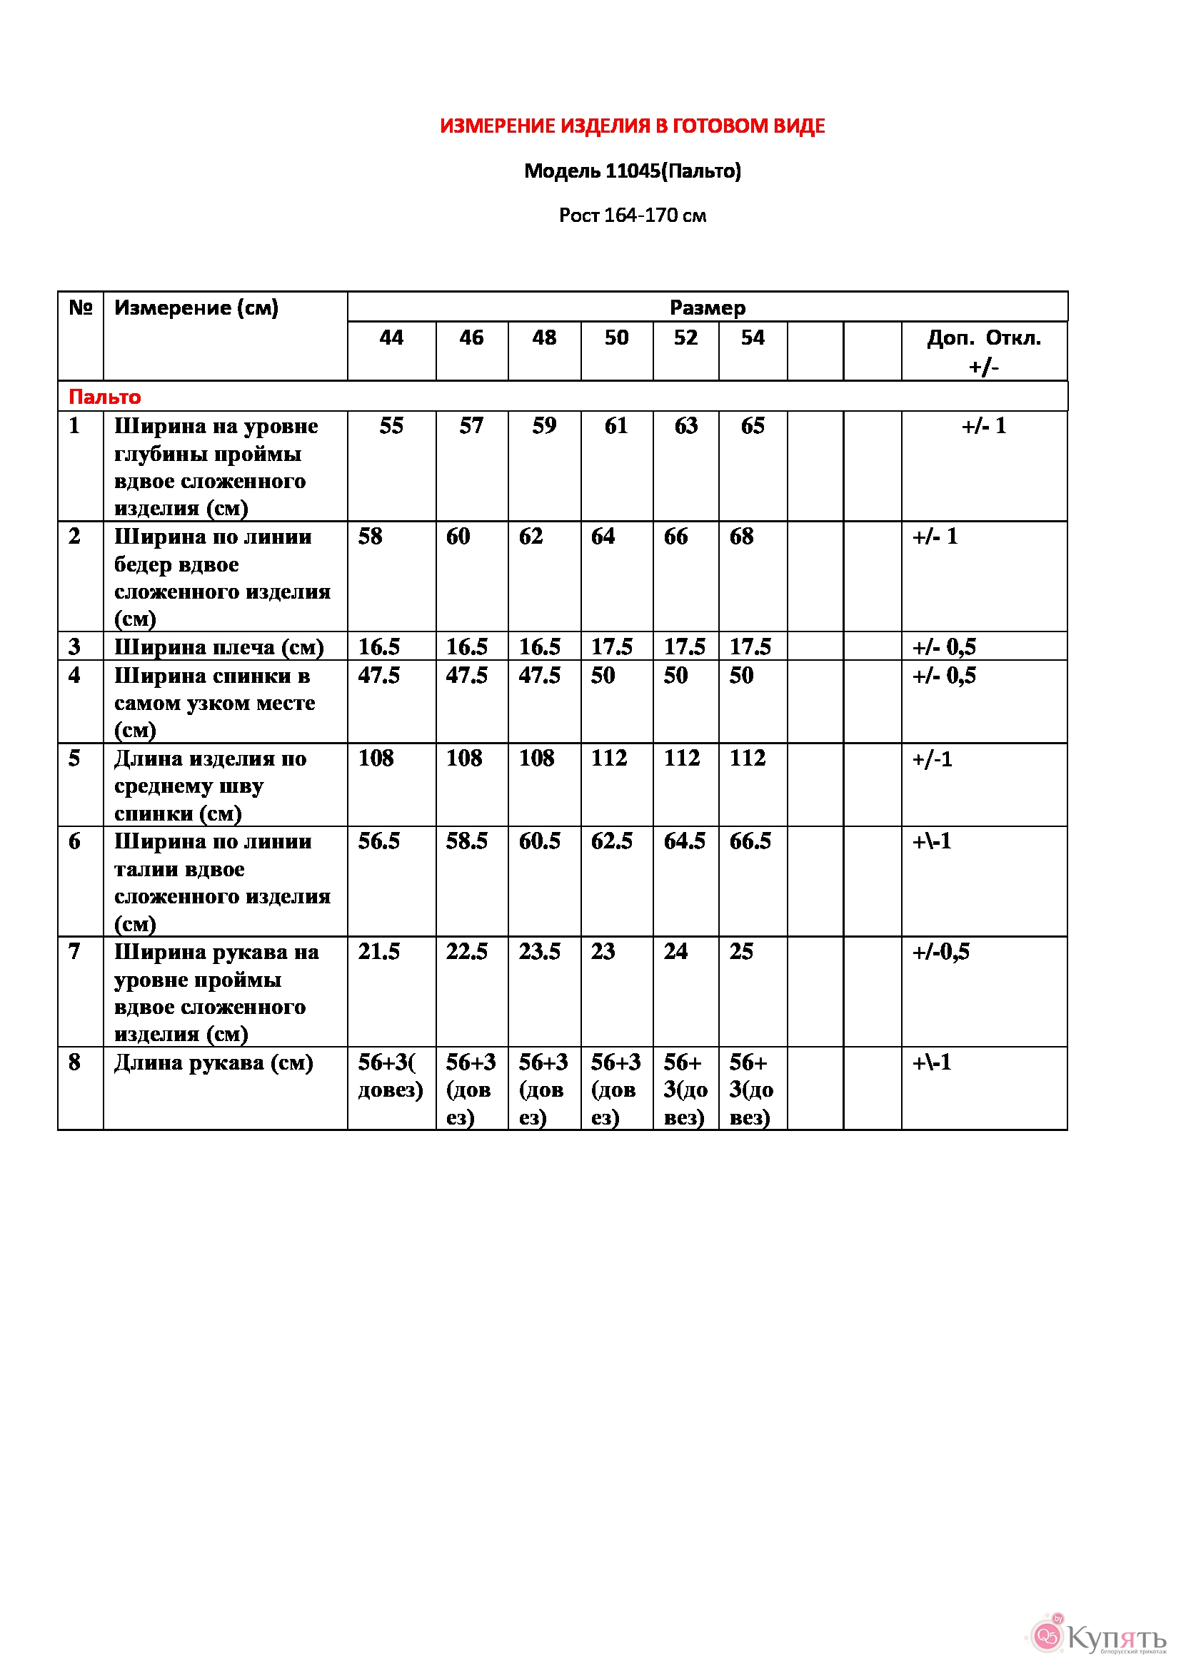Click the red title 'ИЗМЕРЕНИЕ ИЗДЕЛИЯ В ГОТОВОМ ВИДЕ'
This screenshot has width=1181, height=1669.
point(632,126)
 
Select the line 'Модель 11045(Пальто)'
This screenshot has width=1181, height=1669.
point(632,171)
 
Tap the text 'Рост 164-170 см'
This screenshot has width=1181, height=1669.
point(632,216)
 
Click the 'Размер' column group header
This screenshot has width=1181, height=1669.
point(707,308)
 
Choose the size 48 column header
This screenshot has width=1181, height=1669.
point(544,338)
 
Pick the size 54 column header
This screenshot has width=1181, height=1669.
point(753,338)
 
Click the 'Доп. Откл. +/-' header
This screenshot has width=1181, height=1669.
point(983,352)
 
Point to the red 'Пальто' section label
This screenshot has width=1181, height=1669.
point(105,397)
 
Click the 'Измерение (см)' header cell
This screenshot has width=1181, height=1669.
point(196,308)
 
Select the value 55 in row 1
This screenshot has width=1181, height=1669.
point(391,426)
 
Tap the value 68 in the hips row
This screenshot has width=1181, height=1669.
point(742,537)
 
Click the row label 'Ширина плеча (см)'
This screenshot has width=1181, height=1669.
point(219,647)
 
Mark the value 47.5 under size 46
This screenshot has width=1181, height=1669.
point(467,676)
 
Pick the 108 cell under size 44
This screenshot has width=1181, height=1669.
point(376,759)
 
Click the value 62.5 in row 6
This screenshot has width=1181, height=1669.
point(612,842)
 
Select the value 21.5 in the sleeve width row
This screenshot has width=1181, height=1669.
point(379,953)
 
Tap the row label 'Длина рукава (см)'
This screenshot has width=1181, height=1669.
point(213,1063)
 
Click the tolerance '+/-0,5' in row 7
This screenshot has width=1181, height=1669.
point(941,953)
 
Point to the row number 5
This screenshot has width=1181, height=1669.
point(74,759)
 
